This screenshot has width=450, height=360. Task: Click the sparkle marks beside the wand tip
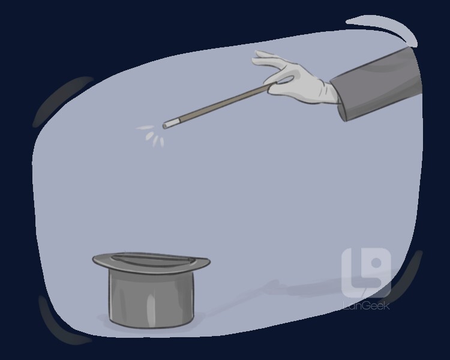point(152,136)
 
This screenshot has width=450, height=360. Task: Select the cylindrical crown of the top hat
point(151,299)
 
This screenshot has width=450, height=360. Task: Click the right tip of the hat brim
point(209,262)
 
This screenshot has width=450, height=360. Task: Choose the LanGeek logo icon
point(366,272)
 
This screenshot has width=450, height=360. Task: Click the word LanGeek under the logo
point(367,305)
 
